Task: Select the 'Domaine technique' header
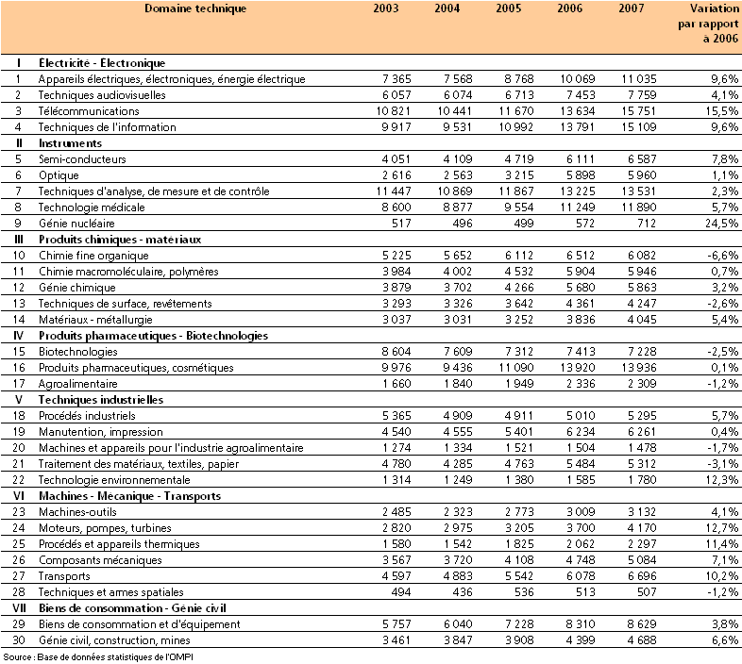click(x=195, y=8)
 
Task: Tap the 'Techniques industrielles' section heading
click(x=95, y=399)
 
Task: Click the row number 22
click(x=18, y=479)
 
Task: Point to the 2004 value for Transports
click(x=448, y=575)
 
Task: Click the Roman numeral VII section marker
click(x=18, y=607)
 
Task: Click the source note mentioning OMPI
click(x=104, y=656)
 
